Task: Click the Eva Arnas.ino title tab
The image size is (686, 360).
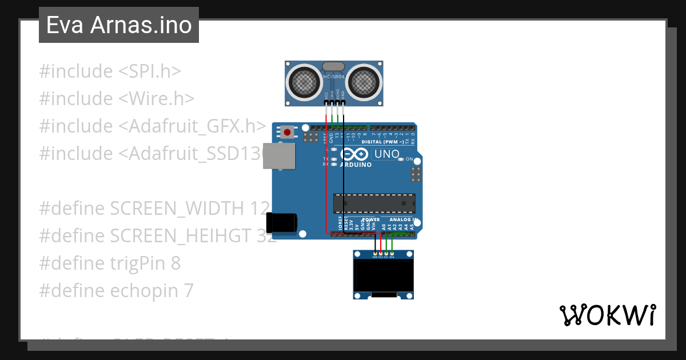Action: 119,25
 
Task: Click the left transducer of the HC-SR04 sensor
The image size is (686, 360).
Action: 304,82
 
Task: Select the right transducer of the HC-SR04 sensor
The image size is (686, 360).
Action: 365,82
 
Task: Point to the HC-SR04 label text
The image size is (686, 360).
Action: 334,76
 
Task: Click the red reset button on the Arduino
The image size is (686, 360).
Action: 287,133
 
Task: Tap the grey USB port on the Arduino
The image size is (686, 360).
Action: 279,155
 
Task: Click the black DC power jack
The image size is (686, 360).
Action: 282,222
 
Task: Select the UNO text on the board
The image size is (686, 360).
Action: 386,154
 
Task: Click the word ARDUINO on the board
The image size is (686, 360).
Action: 356,165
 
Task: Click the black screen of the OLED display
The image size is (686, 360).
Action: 383,276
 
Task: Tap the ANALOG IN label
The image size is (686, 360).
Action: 403,219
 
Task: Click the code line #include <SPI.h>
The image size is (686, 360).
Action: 110,71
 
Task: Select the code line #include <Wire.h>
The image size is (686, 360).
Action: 117,99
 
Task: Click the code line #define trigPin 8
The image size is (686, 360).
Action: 110,263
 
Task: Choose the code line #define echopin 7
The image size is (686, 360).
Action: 116,291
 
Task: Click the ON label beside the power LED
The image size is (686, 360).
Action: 409,159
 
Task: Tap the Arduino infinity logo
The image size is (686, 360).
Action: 355,154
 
